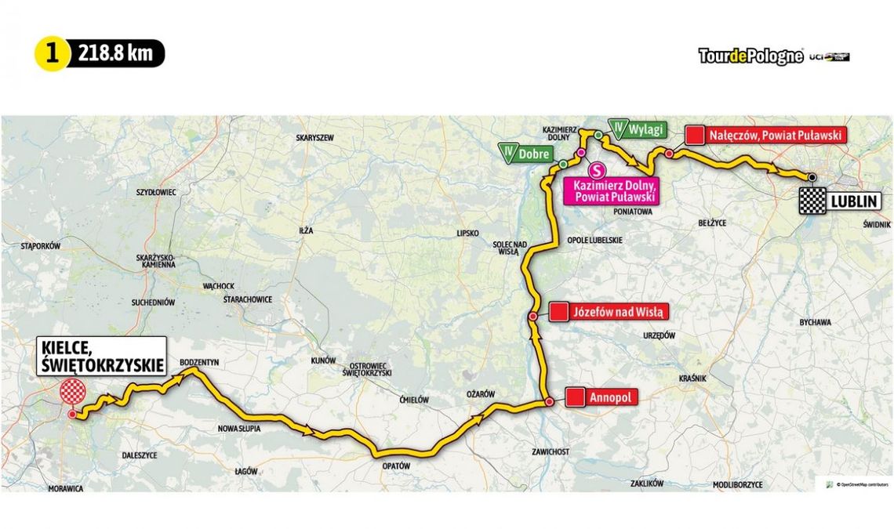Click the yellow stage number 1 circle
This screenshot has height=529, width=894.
tap(53, 54)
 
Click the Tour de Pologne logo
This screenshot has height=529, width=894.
tap(750, 56)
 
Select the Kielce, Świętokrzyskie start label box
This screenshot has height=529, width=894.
tap(100, 356)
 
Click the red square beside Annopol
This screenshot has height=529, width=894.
tap(576, 398)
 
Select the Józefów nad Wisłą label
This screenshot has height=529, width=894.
tap(620, 312)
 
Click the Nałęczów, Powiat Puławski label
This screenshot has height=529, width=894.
tap(775, 135)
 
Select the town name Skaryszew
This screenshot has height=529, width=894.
tap(314, 137)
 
